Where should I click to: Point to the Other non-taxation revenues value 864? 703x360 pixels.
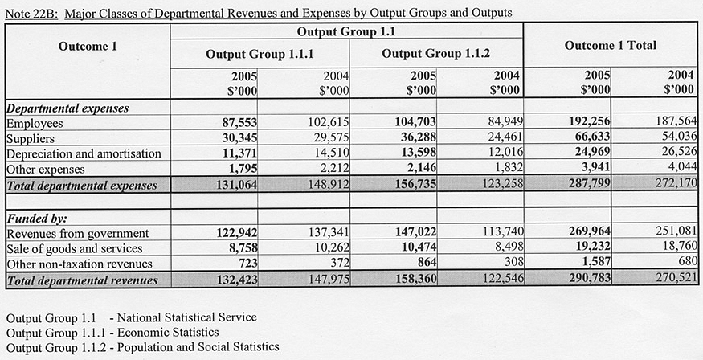tap(424, 264)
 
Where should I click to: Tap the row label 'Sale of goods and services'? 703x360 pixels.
tap(74, 249)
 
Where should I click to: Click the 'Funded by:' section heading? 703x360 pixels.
tap(36, 219)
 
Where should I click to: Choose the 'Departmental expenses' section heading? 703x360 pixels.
tap(67, 108)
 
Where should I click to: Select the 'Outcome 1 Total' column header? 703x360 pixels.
tap(610, 45)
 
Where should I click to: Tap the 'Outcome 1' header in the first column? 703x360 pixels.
tap(88, 46)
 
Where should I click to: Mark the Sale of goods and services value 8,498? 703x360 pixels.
tap(502, 249)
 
